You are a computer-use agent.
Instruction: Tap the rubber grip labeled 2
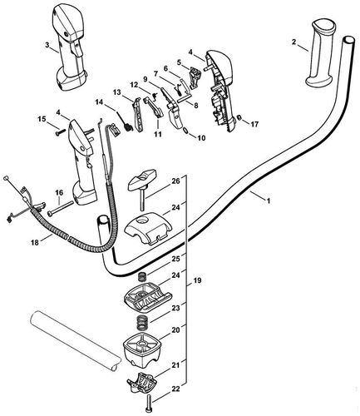coord(322,55)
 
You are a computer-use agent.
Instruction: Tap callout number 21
coord(175,364)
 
